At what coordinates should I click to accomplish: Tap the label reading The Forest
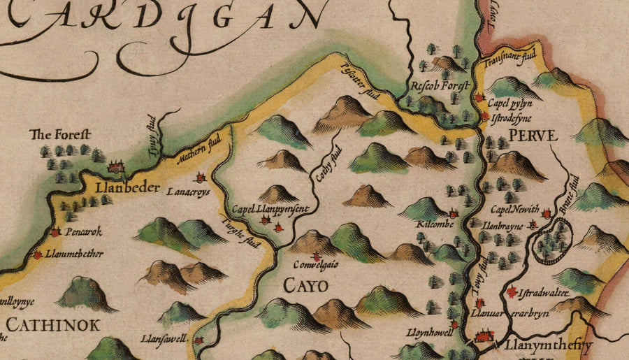61,134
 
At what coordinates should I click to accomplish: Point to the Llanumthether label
73,254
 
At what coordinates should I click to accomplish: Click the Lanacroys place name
188,193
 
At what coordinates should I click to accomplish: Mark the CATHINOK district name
54,324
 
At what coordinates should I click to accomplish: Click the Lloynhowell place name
430,332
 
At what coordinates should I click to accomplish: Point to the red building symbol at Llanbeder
115,166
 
